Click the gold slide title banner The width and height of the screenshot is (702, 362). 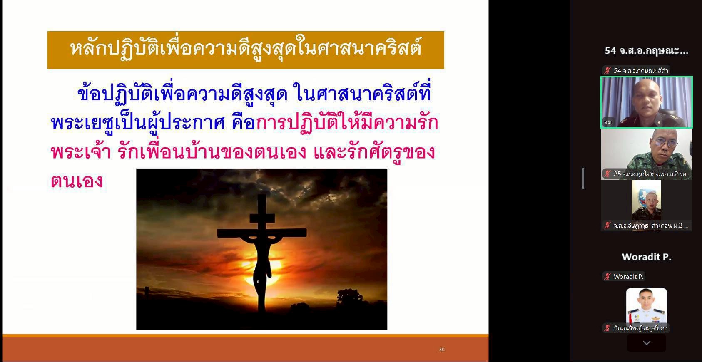245,50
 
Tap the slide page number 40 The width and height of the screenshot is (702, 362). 442,350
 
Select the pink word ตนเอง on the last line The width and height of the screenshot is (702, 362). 77,181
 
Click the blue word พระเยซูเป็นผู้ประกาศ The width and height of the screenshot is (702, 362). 138,123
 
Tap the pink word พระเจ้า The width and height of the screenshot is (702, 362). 81,153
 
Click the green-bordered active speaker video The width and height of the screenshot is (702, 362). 647,102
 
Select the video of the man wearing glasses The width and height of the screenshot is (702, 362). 647,154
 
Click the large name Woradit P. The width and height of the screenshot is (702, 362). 647,257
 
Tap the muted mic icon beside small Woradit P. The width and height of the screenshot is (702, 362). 607,276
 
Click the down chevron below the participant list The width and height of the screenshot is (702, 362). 647,343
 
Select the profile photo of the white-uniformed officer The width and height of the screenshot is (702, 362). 647,306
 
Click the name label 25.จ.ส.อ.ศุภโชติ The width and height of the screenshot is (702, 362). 650,174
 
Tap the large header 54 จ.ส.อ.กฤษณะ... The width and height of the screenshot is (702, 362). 647,51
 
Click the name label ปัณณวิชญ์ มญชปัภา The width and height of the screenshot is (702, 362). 640,328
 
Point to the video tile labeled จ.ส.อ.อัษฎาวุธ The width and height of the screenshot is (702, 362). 647,206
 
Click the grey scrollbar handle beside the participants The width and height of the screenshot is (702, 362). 583,179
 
